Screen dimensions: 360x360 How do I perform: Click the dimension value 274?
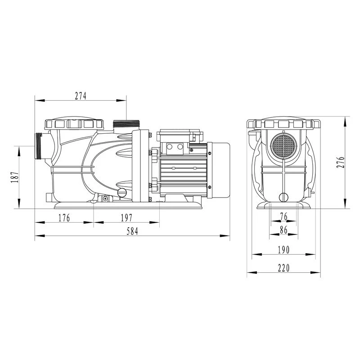click(80, 95)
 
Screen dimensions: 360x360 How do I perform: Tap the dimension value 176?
click(64, 218)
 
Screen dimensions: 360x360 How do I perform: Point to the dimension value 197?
click(126, 218)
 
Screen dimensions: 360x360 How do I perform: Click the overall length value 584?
click(132, 231)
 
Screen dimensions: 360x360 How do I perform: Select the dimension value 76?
click(283, 217)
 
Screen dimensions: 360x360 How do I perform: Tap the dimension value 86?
click(283, 230)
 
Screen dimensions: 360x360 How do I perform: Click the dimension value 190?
click(283, 250)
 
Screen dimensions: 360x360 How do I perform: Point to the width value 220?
click(283, 268)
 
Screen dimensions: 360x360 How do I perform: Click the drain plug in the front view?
click(283, 197)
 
